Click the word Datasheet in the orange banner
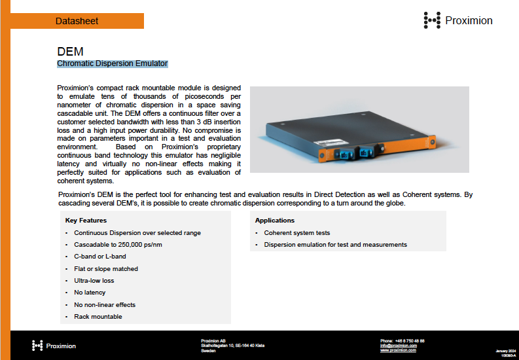[x=77, y=21]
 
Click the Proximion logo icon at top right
[x=432, y=20]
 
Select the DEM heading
[x=70, y=51]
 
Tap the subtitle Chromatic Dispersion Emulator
[x=113, y=63]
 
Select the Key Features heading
[x=86, y=221]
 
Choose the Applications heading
[x=275, y=221]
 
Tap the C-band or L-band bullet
[x=100, y=257]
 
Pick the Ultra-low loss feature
[x=94, y=280]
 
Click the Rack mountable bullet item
[x=98, y=317]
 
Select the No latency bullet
[x=90, y=293]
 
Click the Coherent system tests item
[x=297, y=233]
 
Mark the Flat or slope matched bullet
[x=106, y=268]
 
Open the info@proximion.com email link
[x=399, y=346]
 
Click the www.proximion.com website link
[x=398, y=350]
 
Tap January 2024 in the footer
[x=507, y=351]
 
